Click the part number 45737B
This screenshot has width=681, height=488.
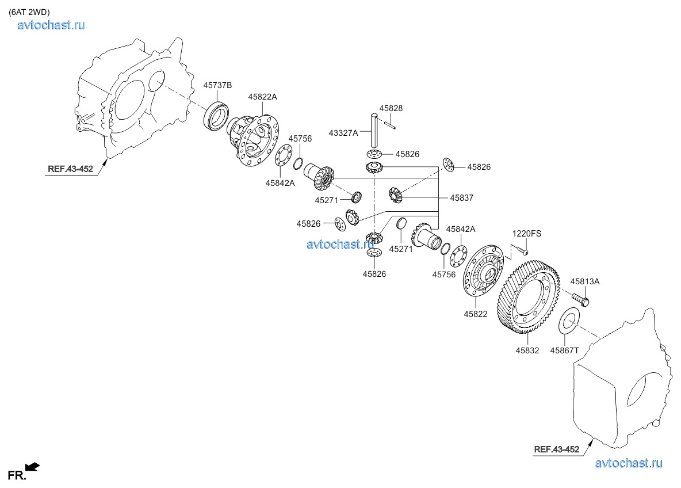[217, 85]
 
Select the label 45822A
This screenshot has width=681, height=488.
[262, 97]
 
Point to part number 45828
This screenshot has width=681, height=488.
[391, 108]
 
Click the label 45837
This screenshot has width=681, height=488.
[462, 197]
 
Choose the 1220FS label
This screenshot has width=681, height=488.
[527, 234]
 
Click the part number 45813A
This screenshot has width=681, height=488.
[585, 281]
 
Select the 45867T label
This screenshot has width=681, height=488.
[565, 350]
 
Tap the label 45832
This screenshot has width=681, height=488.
[527, 350]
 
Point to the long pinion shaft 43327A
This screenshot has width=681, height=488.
[374, 129]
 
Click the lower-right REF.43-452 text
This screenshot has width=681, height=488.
[556, 449]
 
